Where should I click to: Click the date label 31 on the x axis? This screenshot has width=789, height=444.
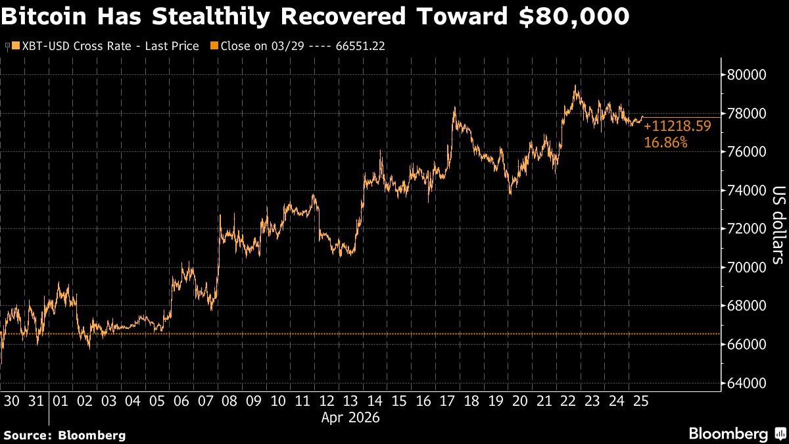pyautogui.click(x=37, y=401)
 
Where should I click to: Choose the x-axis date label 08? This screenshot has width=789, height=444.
pyautogui.click(x=229, y=401)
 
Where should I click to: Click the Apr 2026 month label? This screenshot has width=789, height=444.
pyautogui.click(x=350, y=418)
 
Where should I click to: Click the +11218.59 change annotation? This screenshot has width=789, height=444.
pyautogui.click(x=677, y=127)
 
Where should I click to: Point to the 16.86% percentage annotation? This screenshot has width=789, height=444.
pyautogui.click(x=665, y=142)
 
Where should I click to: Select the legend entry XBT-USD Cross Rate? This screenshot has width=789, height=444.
pyautogui.click(x=105, y=46)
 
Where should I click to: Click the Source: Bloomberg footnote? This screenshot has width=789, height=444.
pyautogui.click(x=64, y=435)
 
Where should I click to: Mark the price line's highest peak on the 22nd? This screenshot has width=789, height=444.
pyautogui.click(x=575, y=86)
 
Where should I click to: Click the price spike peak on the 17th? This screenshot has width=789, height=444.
pyautogui.click(x=454, y=107)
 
